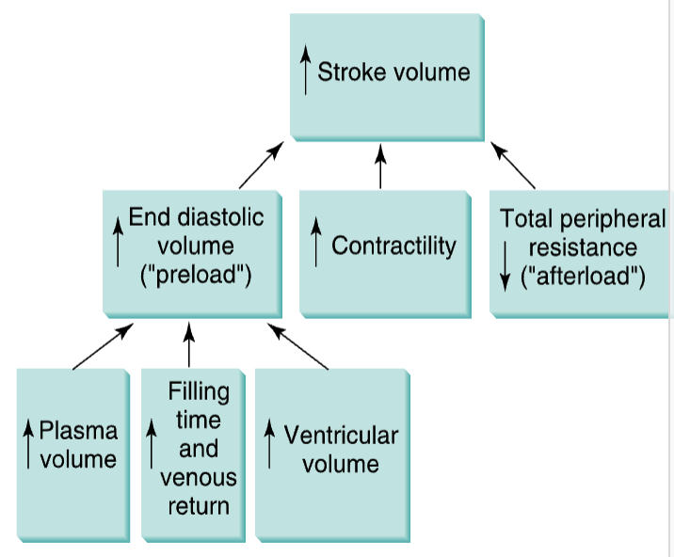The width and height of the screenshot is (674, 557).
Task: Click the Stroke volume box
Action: point(386,73)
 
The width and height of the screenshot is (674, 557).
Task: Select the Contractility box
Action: point(383,251)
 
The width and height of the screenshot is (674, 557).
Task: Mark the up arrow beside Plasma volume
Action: point(29,445)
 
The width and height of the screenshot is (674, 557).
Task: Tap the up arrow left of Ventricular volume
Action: point(270,445)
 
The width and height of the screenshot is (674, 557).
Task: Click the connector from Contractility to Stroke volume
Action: point(380,166)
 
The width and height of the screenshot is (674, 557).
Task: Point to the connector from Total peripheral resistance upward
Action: point(512,165)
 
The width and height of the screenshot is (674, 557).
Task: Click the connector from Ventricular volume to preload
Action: point(298,346)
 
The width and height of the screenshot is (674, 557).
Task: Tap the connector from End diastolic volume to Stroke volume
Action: point(261,166)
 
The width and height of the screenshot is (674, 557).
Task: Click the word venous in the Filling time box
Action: point(199,477)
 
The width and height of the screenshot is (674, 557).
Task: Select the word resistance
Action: point(583,248)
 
